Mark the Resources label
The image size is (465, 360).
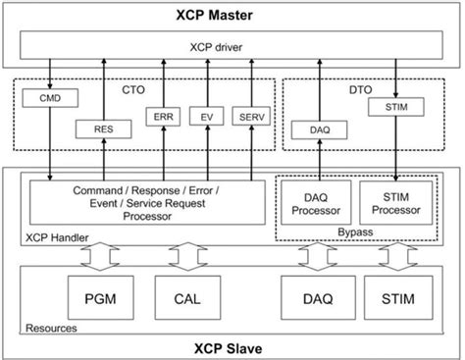pos(49,328)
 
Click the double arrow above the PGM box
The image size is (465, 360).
pos(98,256)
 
